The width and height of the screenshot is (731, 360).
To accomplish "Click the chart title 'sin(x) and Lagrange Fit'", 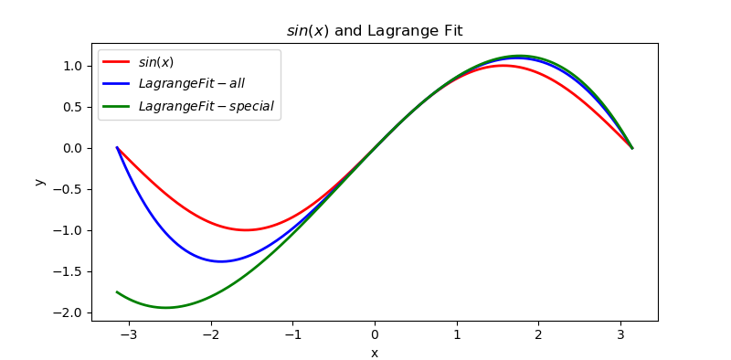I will (375, 31).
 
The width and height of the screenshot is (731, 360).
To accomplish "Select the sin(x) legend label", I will (156, 62).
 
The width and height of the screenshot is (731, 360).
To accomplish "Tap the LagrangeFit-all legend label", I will (191, 84).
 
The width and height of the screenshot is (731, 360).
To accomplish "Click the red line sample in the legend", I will (116, 62).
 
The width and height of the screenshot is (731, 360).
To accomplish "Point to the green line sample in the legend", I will (116, 106).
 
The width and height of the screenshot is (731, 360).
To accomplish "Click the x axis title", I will (375, 353).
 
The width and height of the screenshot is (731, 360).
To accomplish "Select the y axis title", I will (39, 182).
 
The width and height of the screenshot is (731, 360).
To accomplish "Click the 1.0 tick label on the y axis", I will (72, 66).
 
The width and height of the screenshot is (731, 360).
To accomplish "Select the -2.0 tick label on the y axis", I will (69, 312).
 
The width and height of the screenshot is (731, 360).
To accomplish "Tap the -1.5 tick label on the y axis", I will (69, 271).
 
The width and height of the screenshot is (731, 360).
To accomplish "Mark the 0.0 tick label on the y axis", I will (72, 148).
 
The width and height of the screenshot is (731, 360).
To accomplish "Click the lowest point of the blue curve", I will (221, 261).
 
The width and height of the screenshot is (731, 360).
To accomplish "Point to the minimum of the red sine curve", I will (246, 229).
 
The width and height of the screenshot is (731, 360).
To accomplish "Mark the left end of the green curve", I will (117, 291).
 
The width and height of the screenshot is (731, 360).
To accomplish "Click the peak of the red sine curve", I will (503, 66).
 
